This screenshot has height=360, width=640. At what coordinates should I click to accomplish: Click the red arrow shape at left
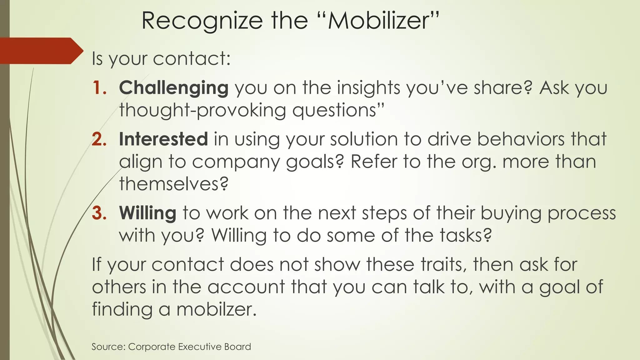pyautogui.click(x=41, y=51)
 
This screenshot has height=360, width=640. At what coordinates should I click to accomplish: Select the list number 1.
pyautogui.click(x=99, y=87)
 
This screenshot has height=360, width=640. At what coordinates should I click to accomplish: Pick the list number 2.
pyautogui.click(x=99, y=139)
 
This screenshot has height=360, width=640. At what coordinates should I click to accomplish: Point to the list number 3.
pyautogui.click(x=99, y=213)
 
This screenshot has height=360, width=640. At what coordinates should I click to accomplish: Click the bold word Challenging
pyautogui.click(x=174, y=88)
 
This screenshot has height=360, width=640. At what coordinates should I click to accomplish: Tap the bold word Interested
pyautogui.click(x=163, y=139)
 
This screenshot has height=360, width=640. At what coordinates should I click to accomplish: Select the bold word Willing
pyautogui.click(x=147, y=213)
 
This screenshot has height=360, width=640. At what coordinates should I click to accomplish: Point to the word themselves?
pyautogui.click(x=174, y=184)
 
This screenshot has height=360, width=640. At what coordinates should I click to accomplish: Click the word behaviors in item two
pyautogui.click(x=521, y=139)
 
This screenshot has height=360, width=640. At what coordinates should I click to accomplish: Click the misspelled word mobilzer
pyautogui.click(x=216, y=309)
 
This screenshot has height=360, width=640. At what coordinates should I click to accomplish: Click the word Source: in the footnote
pyautogui.click(x=108, y=347)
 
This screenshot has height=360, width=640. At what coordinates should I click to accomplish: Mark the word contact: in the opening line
pyautogui.click(x=192, y=59)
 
